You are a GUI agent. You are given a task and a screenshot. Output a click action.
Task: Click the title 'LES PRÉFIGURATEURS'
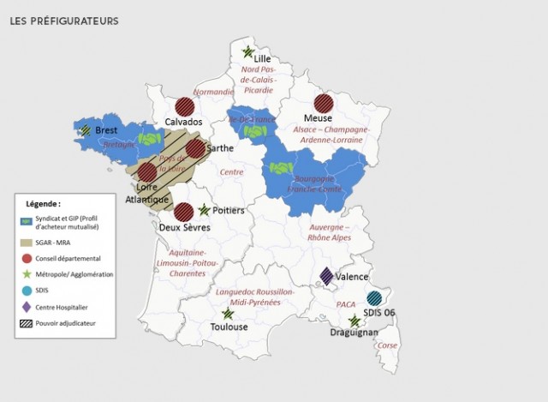point(64,20)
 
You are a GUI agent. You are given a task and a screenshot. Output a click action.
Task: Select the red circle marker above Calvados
point(184,107)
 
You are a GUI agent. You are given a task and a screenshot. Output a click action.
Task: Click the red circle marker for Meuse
point(323,102)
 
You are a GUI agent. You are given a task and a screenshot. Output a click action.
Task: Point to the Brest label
point(106,130)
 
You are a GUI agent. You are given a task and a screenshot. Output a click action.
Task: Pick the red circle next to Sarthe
point(196,148)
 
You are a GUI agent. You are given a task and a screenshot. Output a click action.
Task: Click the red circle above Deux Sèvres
point(183,212)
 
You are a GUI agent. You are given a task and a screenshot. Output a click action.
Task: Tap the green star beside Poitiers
point(205,210)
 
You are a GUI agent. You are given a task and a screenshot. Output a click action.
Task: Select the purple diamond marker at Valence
point(326,276)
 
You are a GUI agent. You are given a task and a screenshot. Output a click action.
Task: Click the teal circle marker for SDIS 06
point(374,298)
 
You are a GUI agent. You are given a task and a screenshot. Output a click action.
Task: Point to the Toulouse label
point(229,327)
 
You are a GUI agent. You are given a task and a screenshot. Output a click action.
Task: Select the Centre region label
point(231,171)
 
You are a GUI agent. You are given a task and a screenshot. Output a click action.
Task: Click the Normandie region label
point(213,92)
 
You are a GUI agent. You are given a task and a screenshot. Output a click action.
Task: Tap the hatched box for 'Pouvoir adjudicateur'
point(28,322)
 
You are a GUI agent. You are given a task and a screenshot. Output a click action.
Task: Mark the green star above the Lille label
point(247,51)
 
